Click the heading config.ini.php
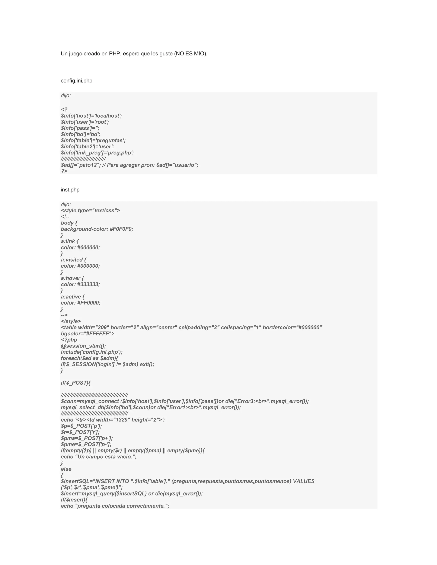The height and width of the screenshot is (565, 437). pos(76,81)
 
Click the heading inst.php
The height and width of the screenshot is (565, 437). pos(70,190)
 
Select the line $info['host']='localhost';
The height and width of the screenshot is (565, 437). pos(91,116)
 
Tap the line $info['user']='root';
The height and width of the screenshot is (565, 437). pos(85,122)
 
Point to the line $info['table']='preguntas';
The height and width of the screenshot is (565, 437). pos(93,141)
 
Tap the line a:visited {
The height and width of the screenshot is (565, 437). pos(74,260)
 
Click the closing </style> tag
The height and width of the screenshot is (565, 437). pos(71,321)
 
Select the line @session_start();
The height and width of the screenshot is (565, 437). pos(83,346)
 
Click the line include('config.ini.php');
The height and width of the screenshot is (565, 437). pos(92,352)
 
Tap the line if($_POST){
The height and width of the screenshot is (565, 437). pos(76,383)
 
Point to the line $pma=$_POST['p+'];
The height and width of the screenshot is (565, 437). pos(87,438)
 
